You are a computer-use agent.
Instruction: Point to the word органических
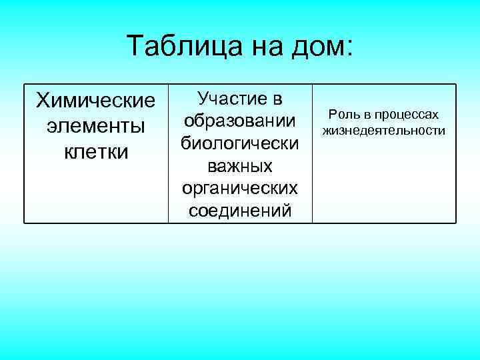click(239, 189)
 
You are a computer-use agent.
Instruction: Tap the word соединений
click(239, 211)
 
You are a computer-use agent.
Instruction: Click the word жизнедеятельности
click(384, 131)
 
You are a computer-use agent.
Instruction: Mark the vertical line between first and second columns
click(167, 153)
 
